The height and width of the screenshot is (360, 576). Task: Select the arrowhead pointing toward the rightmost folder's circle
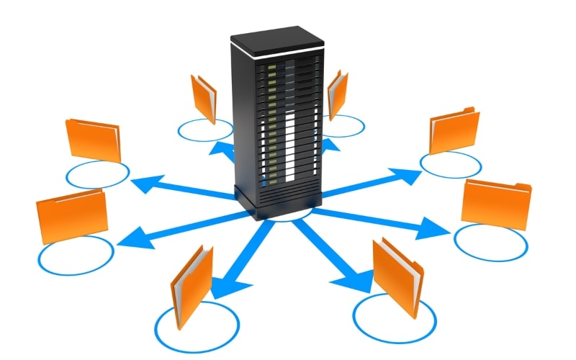coord(436,228)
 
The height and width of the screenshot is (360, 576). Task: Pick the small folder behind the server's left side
coord(203,98)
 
